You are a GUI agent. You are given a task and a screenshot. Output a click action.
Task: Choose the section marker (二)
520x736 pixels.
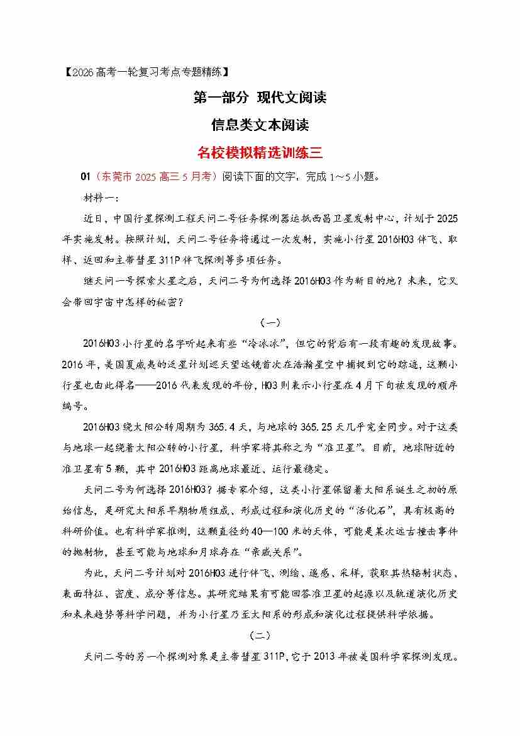[x=260, y=636]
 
